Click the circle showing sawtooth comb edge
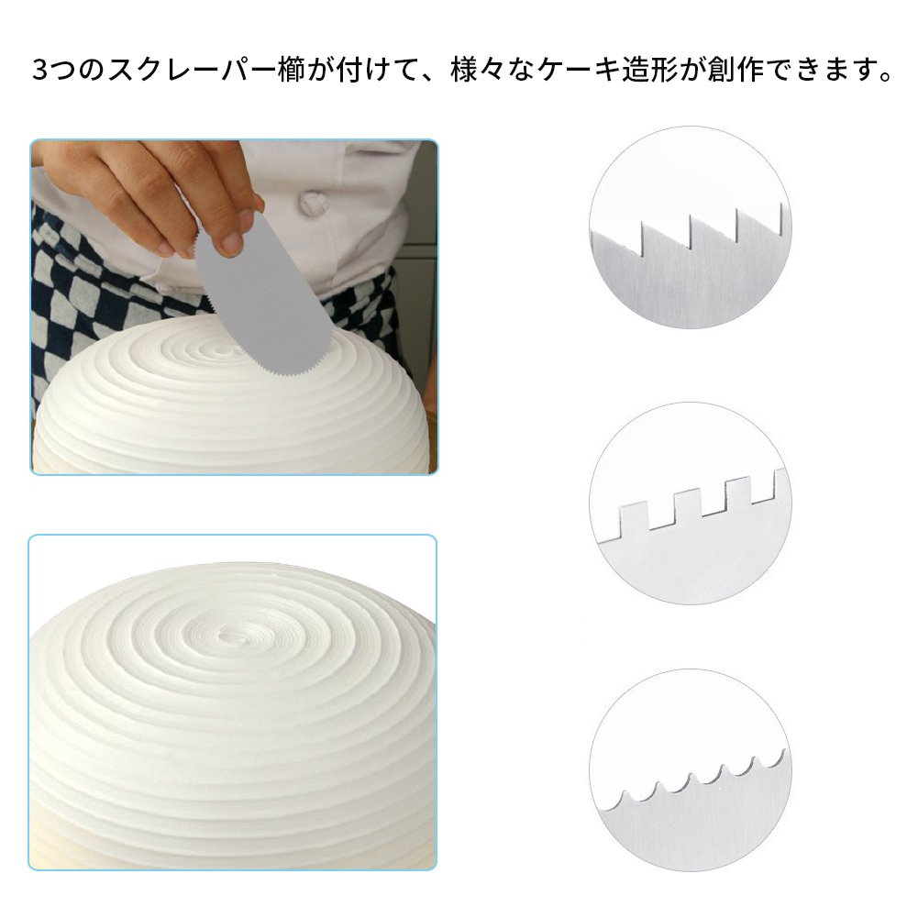pos(691,227)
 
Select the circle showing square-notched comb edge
pos(691,503)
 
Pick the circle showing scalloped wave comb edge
pos(691,769)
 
